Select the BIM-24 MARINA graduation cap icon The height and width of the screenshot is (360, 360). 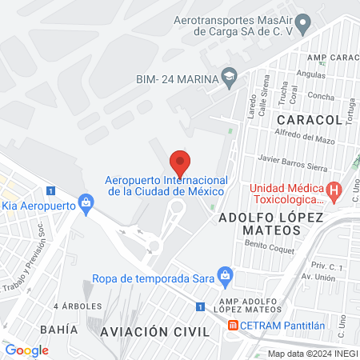[x=230, y=77]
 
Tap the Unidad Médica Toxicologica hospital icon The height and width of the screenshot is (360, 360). [x=336, y=192]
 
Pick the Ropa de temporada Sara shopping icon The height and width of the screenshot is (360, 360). [x=226, y=276]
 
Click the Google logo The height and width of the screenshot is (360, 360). [x=26, y=350]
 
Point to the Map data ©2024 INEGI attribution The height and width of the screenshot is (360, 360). [x=312, y=354]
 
